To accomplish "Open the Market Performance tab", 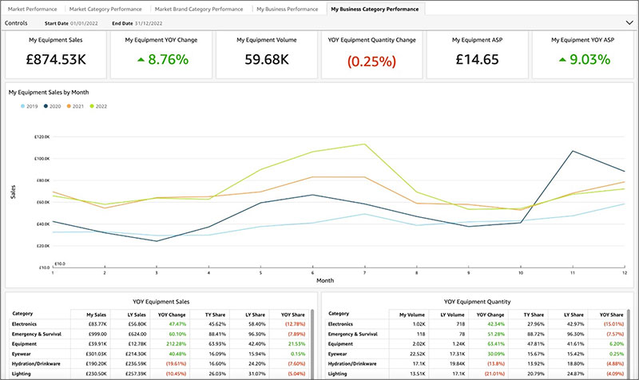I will pyautogui.click(x=32, y=9).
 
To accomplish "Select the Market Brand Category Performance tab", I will pyautogui.click(x=200, y=9).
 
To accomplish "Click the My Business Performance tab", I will pyautogui.click(x=288, y=9).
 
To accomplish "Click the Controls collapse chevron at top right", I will pyautogui.click(x=628, y=23).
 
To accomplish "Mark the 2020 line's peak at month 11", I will pyautogui.click(x=573, y=151).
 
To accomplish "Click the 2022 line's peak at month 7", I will pyautogui.click(x=365, y=144).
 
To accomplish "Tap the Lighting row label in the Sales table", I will pyautogui.click(x=23, y=373).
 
